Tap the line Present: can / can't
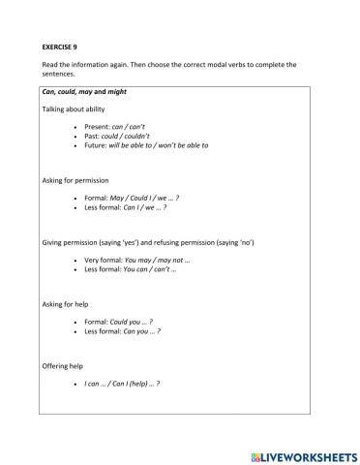point(114,128)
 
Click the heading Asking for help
point(67,304)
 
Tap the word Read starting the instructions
point(50,64)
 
